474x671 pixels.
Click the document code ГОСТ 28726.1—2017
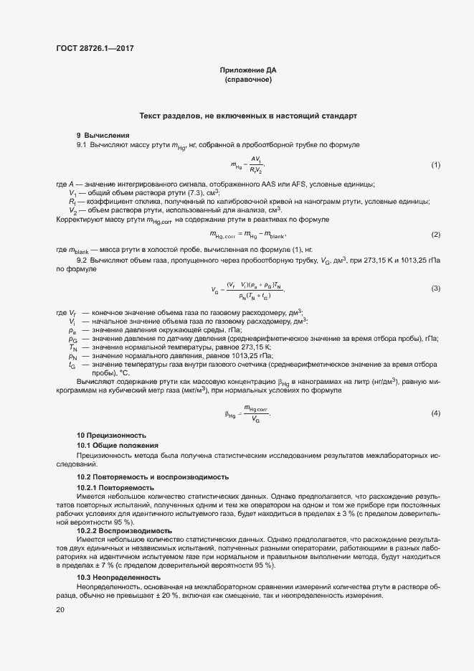[95, 49]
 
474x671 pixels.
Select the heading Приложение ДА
[248, 70]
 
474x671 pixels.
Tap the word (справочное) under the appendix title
[248, 80]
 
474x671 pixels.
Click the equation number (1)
[435, 165]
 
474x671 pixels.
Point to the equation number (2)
[435, 235]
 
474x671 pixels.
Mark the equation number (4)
[435, 413]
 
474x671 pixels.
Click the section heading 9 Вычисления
[103, 135]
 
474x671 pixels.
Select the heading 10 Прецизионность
[111, 435]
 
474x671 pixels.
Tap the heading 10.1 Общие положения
[118, 445]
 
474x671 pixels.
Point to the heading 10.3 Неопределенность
[118, 578]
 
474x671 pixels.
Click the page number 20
[60, 610]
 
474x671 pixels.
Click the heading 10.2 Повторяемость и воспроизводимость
[153, 477]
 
